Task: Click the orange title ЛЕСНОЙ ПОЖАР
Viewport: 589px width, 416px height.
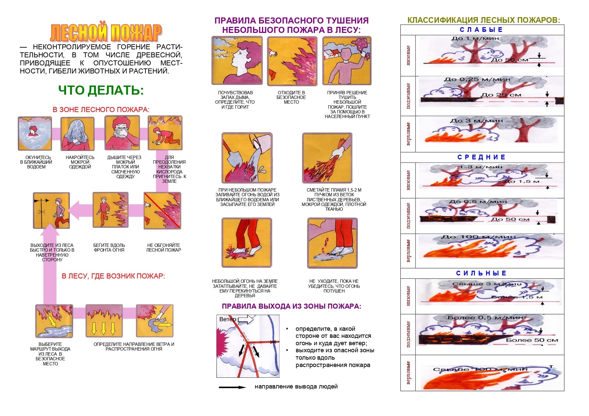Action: tap(106, 33)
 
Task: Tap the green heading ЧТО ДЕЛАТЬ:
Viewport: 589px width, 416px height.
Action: tap(101, 91)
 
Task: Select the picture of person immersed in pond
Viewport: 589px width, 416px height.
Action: tap(35, 134)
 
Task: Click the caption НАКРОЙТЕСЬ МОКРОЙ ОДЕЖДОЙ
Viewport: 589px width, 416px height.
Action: tap(80, 162)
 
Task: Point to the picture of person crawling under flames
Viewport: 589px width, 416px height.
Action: tap(165, 133)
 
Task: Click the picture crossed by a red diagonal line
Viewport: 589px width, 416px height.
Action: tap(162, 211)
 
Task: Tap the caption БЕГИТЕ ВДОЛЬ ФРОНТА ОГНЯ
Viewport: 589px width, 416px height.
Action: tap(109, 248)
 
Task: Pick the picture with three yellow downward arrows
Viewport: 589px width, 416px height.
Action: tap(104, 321)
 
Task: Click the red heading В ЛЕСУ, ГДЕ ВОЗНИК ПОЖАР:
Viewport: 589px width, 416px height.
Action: tap(113, 276)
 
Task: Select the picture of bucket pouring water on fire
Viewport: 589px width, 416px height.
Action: tap(247, 158)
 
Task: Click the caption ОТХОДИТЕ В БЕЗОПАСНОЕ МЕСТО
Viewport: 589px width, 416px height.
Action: tap(291, 97)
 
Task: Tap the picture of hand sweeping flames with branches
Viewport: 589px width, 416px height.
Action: tap(327, 158)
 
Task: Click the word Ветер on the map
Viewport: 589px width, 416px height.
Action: tap(228, 319)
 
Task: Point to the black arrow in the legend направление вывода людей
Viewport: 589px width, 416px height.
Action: tap(232, 387)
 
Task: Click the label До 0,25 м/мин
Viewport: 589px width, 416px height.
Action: tap(477, 80)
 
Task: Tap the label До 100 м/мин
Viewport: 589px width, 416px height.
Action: tap(478, 237)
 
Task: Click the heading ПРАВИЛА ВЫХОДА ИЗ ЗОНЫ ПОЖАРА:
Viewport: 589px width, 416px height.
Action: tap(291, 306)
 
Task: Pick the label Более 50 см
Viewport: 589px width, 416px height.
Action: tap(532, 340)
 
